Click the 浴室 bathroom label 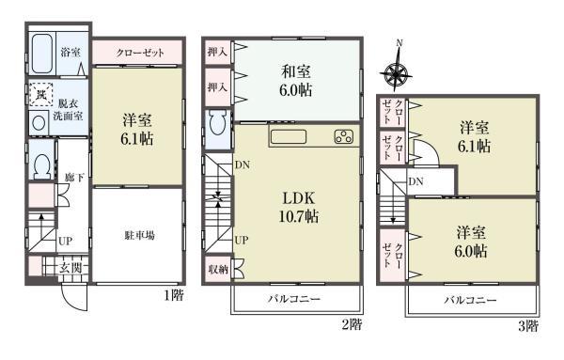pyautogui.click(x=70, y=51)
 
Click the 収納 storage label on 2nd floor pyautogui.click(x=218, y=270)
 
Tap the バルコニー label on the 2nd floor pyautogui.click(x=297, y=299)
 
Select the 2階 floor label pyautogui.click(x=351, y=324)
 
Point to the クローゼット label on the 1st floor pyautogui.click(x=141, y=53)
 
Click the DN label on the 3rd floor pyautogui.click(x=415, y=181)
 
